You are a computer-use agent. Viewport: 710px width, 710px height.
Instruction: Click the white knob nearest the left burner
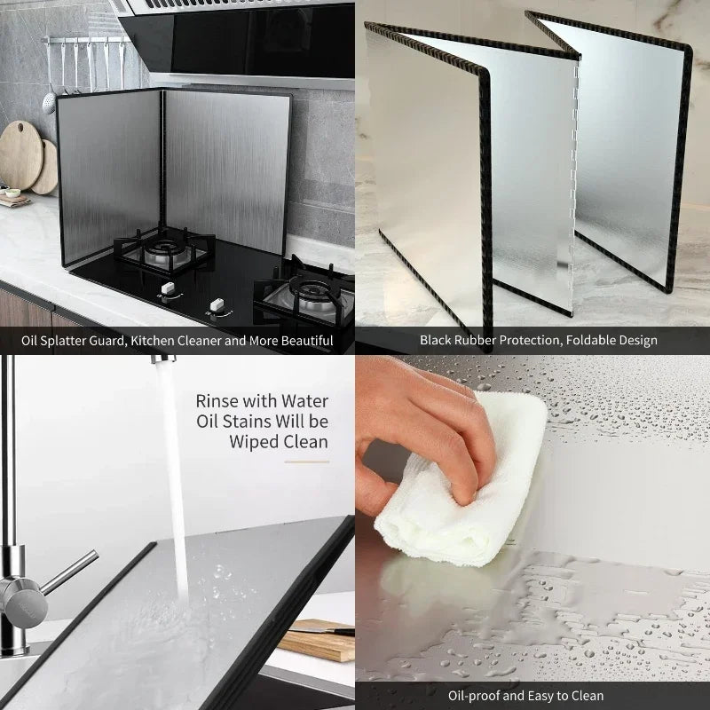coord(168,288)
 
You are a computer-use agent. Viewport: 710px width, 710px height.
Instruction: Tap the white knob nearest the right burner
coord(217,304)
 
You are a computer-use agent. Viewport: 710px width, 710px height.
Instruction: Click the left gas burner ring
coord(166,249)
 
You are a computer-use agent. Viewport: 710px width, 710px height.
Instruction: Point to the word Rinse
coord(217,401)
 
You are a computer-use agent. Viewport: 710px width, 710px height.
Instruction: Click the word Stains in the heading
coord(248,422)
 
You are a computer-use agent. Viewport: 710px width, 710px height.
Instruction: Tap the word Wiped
coord(254,442)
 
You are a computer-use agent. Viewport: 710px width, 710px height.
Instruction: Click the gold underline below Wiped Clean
coord(306,461)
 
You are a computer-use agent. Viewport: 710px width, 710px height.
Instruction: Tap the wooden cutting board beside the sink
coord(318,640)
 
